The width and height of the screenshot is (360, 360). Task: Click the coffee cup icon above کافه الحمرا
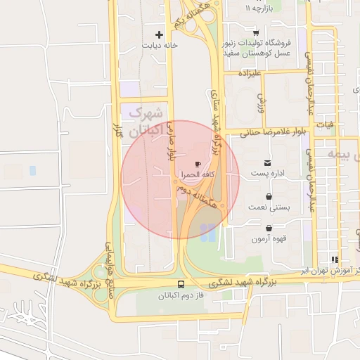(198, 163)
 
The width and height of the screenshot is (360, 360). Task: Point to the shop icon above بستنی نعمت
(269, 198)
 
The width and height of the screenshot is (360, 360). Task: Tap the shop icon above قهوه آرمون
(269, 228)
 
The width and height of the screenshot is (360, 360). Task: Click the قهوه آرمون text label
(269, 238)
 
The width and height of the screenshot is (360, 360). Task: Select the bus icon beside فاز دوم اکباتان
(181, 285)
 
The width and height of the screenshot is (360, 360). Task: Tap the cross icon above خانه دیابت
(160, 34)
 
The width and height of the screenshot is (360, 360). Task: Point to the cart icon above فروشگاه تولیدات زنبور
(256, 33)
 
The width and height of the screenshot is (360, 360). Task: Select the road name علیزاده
(250, 72)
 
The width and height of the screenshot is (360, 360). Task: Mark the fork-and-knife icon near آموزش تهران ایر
(335, 259)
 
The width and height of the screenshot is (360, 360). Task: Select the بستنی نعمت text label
(267, 208)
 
